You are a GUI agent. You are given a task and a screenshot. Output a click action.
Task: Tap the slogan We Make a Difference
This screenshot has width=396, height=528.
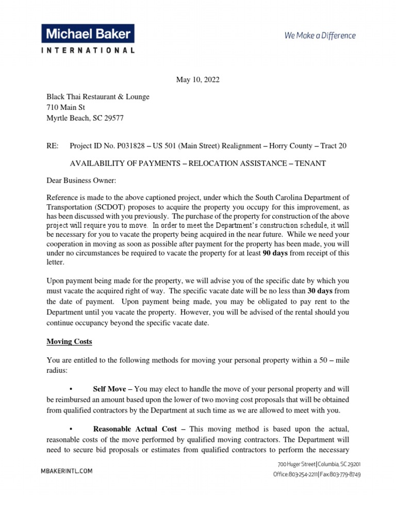320,36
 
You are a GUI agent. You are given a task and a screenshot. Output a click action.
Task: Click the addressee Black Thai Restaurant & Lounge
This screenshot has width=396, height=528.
98,96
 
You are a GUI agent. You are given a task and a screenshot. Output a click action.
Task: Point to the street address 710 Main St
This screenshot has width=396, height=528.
66,107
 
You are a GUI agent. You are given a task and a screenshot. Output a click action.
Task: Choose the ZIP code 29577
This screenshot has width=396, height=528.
112,118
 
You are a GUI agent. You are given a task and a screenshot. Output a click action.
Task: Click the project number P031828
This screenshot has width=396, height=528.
130,146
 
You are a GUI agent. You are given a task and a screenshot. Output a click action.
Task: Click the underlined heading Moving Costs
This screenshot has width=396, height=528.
69,341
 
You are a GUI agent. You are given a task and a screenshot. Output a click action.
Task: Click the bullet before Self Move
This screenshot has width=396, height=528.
70,389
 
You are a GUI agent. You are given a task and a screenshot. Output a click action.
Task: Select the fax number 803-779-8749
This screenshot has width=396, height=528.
344,474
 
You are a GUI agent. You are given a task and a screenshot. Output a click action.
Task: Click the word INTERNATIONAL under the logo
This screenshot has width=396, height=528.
88,51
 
